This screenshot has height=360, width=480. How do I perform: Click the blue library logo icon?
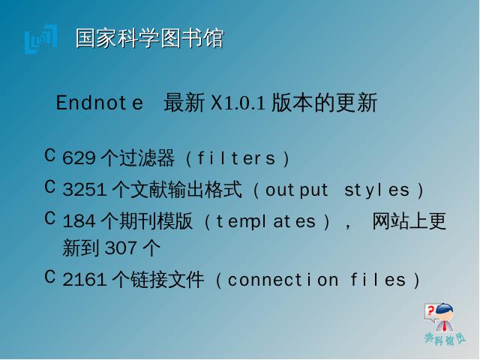41,39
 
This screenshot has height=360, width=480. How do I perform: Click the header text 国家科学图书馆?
150,38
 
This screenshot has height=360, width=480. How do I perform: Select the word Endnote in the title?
100,103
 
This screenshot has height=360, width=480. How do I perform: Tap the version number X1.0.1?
238,103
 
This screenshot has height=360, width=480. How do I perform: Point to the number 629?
79,158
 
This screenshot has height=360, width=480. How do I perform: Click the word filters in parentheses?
236,158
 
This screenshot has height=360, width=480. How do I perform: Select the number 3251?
85,190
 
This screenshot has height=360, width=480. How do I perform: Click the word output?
297,190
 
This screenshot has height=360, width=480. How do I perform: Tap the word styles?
376,190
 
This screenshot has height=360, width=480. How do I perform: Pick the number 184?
79,221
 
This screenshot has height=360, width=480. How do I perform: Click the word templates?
265,222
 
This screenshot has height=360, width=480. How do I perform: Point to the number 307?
121,248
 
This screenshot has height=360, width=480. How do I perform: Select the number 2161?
85,280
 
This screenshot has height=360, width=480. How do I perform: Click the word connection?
283,280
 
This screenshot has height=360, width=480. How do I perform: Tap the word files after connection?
378,280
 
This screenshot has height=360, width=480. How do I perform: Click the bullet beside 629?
50,155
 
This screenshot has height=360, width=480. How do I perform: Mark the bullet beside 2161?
50,277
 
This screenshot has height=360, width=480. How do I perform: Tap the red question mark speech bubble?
430,313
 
